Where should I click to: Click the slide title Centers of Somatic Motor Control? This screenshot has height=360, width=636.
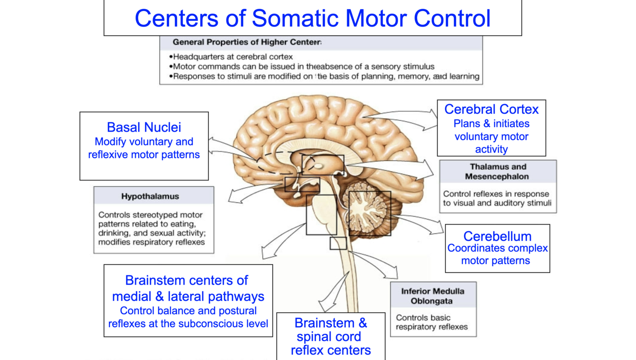pyautogui.click(x=312, y=18)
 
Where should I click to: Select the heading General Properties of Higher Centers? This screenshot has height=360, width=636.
pyautogui.click(x=247, y=42)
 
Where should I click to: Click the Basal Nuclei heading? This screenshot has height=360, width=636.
pyautogui.click(x=144, y=127)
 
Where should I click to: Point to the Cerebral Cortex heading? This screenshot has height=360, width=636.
pyautogui.click(x=491, y=109)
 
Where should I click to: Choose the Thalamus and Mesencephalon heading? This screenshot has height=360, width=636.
pyautogui.click(x=498, y=172)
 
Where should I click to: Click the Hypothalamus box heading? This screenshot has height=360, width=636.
pyautogui.click(x=150, y=196)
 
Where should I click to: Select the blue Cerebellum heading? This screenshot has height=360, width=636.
pyautogui.click(x=497, y=236)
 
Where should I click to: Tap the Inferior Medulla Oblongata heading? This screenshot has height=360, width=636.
pyautogui.click(x=432, y=296)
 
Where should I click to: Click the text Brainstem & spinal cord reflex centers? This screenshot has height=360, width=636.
pyautogui.click(x=331, y=336)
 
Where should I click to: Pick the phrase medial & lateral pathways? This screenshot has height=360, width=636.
pyautogui.click(x=188, y=296)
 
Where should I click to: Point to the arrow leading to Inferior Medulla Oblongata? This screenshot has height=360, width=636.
pyautogui.click(x=377, y=265)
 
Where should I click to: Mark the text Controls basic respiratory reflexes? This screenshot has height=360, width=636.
pyautogui.click(x=431, y=322)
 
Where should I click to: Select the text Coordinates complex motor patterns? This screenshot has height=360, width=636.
pyautogui.click(x=497, y=255)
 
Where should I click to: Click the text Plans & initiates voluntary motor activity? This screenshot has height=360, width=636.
pyautogui.click(x=491, y=136)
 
